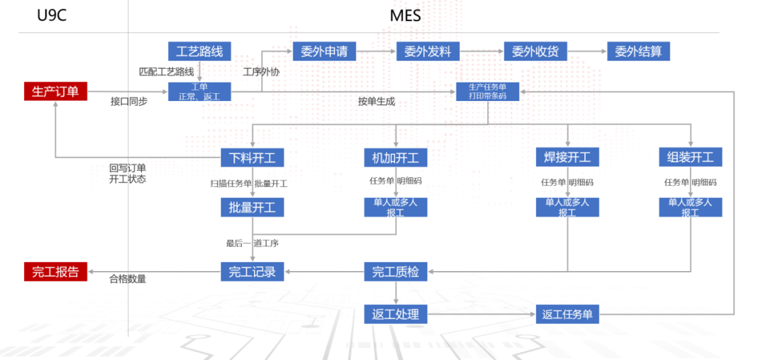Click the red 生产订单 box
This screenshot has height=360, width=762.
[x=56, y=91]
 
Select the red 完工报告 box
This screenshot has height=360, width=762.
[x=56, y=272]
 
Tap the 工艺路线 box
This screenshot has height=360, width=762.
[x=200, y=52]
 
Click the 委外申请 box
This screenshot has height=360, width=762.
[x=325, y=52]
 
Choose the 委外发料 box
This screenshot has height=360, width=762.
[x=428, y=52]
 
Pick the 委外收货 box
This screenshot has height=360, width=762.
[x=536, y=52]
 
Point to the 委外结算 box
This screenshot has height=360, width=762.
[x=639, y=52]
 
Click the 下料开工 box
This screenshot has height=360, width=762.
[x=253, y=157]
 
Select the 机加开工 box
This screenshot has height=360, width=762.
[x=396, y=157]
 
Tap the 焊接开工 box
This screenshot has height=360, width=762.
[x=567, y=157]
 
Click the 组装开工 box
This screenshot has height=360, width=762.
[x=691, y=157]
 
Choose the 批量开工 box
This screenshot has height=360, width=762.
[x=253, y=208]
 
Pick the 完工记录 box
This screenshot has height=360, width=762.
[x=253, y=272]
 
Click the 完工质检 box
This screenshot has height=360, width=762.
[x=396, y=272]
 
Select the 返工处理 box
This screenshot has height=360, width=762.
[x=396, y=314]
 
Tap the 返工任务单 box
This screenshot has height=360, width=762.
[x=567, y=314]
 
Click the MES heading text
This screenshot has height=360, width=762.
[x=405, y=16]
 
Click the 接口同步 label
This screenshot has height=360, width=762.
[x=129, y=102]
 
